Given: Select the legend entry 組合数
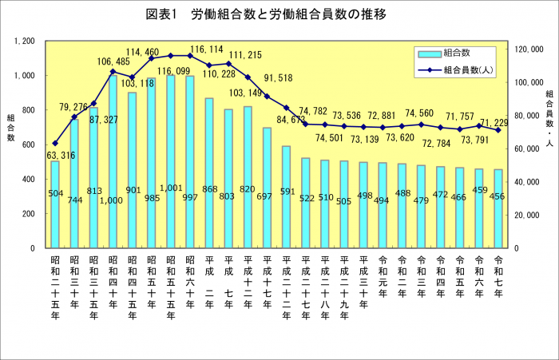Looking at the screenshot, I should click(456, 53).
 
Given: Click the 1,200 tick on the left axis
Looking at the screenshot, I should click(23, 41).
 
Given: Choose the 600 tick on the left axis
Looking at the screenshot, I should click(29, 144).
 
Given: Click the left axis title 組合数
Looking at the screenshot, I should click(10, 128).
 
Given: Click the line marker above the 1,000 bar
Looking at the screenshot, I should click(113, 72).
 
